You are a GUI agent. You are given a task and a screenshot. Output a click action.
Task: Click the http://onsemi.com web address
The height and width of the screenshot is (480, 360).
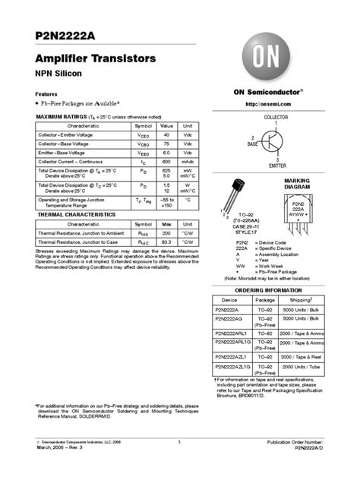coord(276,103)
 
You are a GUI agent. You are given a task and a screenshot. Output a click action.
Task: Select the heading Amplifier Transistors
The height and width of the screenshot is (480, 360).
coord(96,58)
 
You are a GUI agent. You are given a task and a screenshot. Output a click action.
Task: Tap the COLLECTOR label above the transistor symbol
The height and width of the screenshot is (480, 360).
coord(276,118)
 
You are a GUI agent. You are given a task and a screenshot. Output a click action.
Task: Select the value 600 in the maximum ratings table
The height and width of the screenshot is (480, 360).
coord(167,162)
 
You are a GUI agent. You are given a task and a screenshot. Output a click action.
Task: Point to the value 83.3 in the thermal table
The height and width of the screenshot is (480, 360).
coord(167,242)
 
